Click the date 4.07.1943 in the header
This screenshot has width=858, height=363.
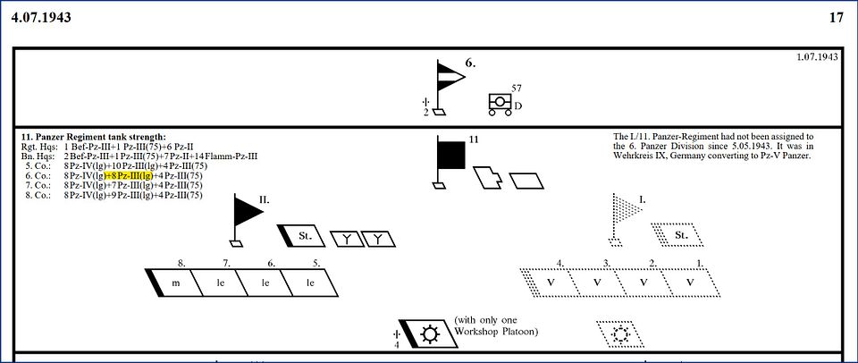pos(42,17)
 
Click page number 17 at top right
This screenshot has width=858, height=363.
pos(836,17)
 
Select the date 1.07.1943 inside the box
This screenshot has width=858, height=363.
pos(817,57)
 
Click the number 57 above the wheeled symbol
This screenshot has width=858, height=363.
pos(516,88)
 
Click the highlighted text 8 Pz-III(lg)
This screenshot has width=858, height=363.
pos(130,175)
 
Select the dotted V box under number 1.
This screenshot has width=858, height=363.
pos(690,283)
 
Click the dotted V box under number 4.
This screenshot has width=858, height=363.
pos(554,283)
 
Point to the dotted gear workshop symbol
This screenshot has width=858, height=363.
pos(620,334)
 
